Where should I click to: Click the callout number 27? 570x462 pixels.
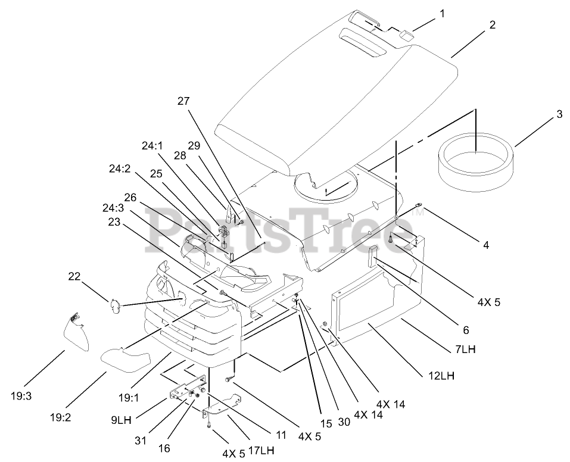tap(182, 101)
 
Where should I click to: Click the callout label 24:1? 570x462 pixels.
tap(152, 146)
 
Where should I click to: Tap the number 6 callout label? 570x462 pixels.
tap(465, 329)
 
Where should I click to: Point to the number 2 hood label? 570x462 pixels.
tap(493, 24)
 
